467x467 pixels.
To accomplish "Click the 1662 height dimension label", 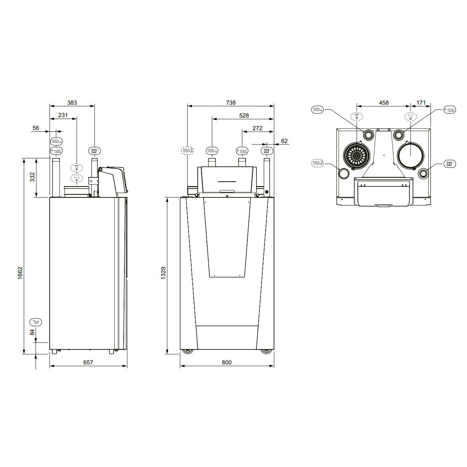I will (20, 273).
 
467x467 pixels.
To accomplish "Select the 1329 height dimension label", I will (163, 273).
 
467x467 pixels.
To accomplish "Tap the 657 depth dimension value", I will (88, 362).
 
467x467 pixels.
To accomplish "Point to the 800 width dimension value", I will (227, 362).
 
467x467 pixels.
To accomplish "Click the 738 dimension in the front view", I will (231, 103).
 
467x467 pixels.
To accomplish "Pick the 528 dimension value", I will (244, 115).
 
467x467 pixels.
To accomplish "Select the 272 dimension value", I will (257, 128).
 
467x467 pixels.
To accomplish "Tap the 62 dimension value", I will (284, 141).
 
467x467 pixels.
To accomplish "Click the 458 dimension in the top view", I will (383, 103).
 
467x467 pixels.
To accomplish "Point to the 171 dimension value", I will (421, 103).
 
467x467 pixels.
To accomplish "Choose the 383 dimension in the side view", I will (72, 103).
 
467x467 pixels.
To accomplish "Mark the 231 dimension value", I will (63, 115).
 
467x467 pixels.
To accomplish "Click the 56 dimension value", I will (35, 128).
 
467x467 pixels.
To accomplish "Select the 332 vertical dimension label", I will (32, 177).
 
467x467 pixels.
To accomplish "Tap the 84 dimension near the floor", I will (32, 332).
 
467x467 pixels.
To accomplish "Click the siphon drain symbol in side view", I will (36, 322).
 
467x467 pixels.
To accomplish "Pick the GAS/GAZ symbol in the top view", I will (449, 164).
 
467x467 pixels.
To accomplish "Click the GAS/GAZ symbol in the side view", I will (94, 151).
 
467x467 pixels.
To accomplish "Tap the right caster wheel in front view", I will (266, 351).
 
